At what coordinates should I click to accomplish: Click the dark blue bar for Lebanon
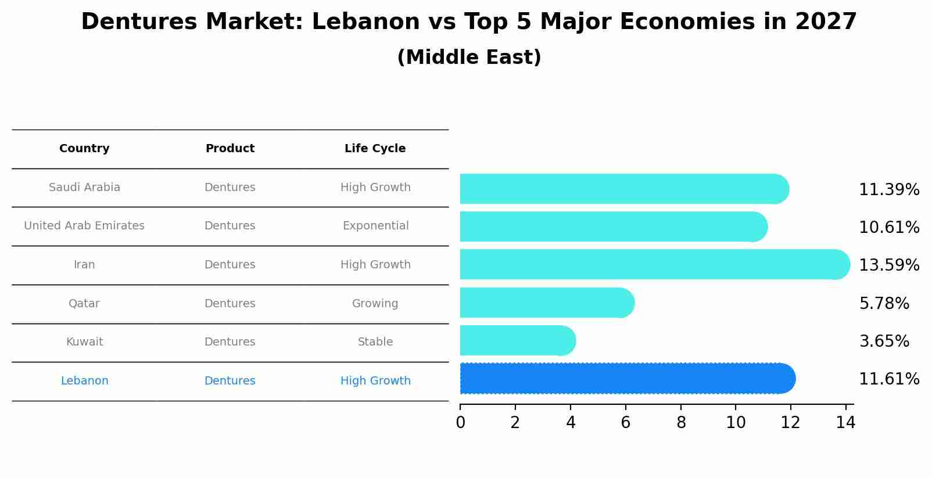[628, 379]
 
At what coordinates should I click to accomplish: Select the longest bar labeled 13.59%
[655, 265]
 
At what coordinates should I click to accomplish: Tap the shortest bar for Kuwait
[518, 341]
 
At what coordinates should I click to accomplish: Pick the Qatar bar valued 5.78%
[547, 303]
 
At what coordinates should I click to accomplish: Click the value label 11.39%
[888, 190]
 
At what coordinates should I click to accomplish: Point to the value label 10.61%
[888, 228]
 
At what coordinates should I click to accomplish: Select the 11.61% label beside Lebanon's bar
[888, 379]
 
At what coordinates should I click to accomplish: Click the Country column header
[84, 149]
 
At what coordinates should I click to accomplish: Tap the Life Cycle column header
[375, 149]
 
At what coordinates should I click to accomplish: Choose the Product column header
[230, 149]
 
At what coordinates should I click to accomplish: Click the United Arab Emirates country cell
[84, 226]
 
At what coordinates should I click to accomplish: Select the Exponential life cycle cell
[375, 226]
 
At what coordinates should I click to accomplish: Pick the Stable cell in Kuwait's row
[375, 342]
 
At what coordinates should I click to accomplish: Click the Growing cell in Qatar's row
[375, 304]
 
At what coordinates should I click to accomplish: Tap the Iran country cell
[84, 265]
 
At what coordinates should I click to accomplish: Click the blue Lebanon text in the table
[84, 381]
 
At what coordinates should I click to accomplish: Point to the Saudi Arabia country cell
[84, 188]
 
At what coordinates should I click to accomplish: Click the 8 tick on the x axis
[681, 422]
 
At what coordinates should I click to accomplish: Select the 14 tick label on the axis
[845, 422]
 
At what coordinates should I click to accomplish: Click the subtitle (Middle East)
[469, 57]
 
